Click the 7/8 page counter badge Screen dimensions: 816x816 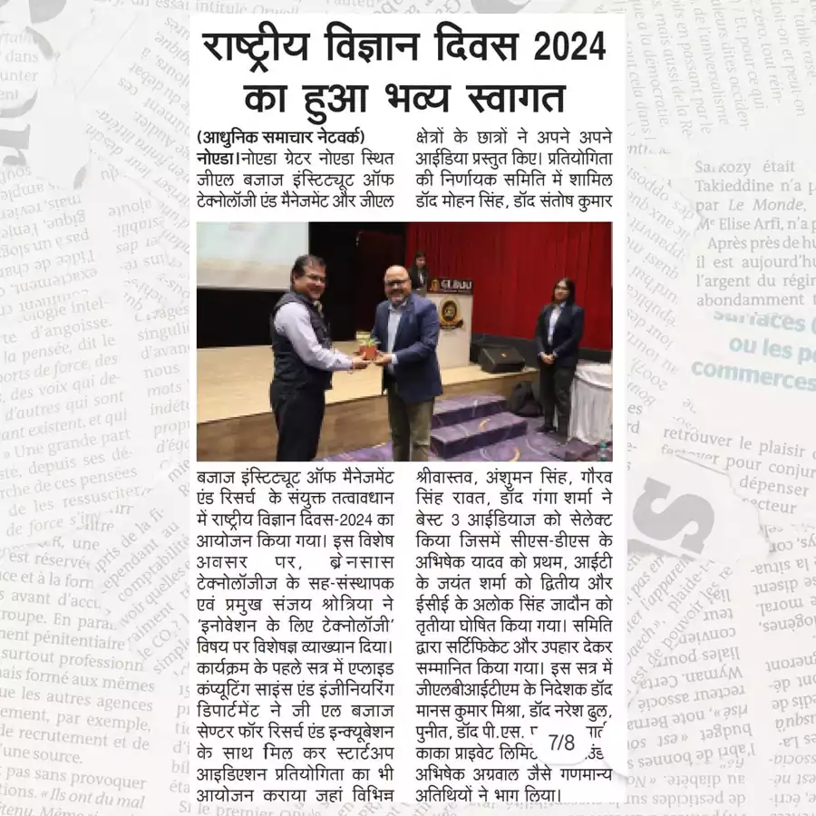tap(562, 743)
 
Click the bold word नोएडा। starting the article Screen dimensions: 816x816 tap(217, 159)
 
